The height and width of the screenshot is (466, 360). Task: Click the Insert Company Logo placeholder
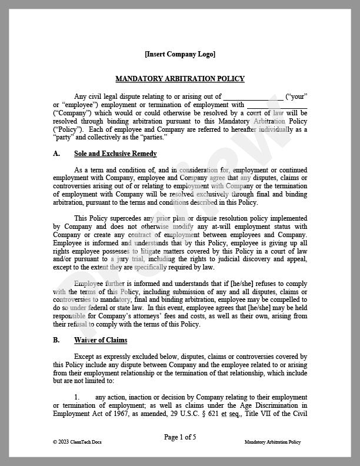tap(180, 54)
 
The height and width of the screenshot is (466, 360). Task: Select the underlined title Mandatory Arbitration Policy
tap(180, 78)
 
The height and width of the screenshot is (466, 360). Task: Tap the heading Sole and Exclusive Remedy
tap(115, 154)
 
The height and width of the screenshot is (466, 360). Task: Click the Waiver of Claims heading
tap(101, 340)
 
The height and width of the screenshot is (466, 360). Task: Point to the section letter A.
tap(56, 154)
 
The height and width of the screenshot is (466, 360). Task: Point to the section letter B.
tap(56, 340)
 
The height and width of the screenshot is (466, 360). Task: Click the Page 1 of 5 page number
tap(179, 437)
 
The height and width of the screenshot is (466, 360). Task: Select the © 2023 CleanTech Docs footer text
tap(74, 442)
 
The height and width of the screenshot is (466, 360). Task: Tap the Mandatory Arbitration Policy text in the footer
tap(272, 442)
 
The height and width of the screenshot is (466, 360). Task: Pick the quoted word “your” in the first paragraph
tap(297, 96)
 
